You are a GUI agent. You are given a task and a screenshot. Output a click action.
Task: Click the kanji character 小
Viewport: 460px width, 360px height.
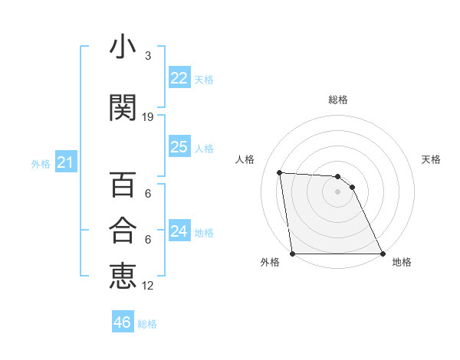(123, 47)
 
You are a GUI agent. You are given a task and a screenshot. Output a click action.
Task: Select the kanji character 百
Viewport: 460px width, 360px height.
(123, 185)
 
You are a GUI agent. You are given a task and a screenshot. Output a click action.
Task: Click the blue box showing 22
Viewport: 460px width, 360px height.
(179, 78)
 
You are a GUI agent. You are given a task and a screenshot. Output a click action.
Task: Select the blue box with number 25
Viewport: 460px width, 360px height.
(179, 147)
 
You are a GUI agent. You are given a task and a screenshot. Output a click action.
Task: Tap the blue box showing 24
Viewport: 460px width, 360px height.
(179, 231)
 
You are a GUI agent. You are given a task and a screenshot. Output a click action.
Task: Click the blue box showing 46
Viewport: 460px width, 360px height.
(123, 322)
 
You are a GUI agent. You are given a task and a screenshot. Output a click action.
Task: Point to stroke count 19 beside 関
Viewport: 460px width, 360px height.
(148, 116)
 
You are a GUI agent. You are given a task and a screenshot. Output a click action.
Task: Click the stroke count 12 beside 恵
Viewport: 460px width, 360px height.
(148, 285)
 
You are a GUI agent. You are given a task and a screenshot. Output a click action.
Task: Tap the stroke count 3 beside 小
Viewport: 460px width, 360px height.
(148, 56)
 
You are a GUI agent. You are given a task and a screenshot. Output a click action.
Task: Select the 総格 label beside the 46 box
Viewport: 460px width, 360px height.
(147, 324)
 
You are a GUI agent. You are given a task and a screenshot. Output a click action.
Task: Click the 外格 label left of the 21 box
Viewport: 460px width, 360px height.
(41, 164)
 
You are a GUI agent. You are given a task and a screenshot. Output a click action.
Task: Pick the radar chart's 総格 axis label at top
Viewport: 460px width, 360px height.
(337, 100)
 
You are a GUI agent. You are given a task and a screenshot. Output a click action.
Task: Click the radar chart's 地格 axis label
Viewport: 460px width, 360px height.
(402, 262)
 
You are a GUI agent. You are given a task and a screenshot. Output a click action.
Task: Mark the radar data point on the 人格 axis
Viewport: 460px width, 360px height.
(280, 172)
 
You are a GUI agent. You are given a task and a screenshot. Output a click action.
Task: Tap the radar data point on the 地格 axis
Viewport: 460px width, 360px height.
(382, 254)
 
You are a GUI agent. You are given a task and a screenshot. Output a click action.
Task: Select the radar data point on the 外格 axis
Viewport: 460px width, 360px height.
(293, 254)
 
